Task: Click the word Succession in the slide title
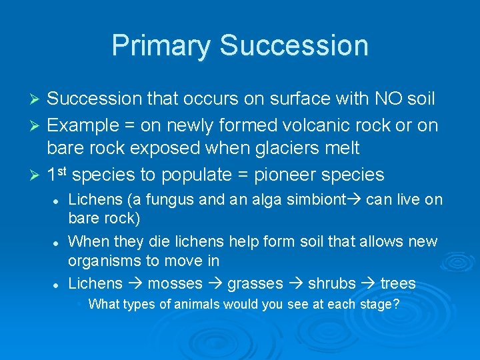(x=294, y=45)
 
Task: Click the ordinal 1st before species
(x=57, y=175)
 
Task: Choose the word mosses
(x=175, y=284)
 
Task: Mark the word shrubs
(x=331, y=284)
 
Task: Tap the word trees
(x=397, y=284)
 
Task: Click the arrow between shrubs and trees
(x=368, y=284)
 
